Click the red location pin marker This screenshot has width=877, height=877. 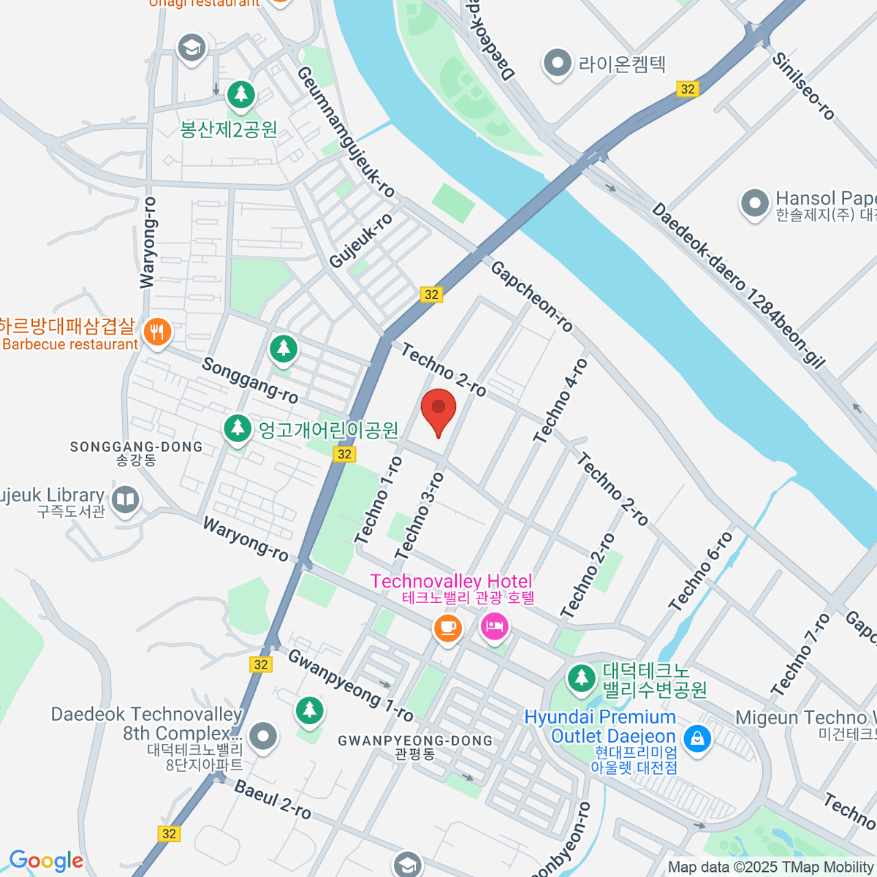438,410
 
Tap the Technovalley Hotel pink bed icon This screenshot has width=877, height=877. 495,626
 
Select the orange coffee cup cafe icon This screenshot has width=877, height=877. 447,626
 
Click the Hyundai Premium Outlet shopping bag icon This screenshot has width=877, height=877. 697,737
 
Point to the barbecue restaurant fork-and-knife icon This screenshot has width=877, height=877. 156,333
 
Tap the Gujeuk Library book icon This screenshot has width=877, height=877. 126,501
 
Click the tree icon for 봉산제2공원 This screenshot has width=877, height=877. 240,94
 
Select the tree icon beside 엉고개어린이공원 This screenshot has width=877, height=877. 237,428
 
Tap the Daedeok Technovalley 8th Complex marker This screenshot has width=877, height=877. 262,736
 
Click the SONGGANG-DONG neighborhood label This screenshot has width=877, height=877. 136,447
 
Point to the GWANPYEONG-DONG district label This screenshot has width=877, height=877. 415,741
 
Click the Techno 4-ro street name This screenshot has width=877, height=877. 561,401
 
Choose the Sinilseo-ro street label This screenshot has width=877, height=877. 803,86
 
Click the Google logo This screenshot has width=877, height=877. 46,861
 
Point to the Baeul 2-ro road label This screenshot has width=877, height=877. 273,800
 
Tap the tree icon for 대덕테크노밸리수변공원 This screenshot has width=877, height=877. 582,677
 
